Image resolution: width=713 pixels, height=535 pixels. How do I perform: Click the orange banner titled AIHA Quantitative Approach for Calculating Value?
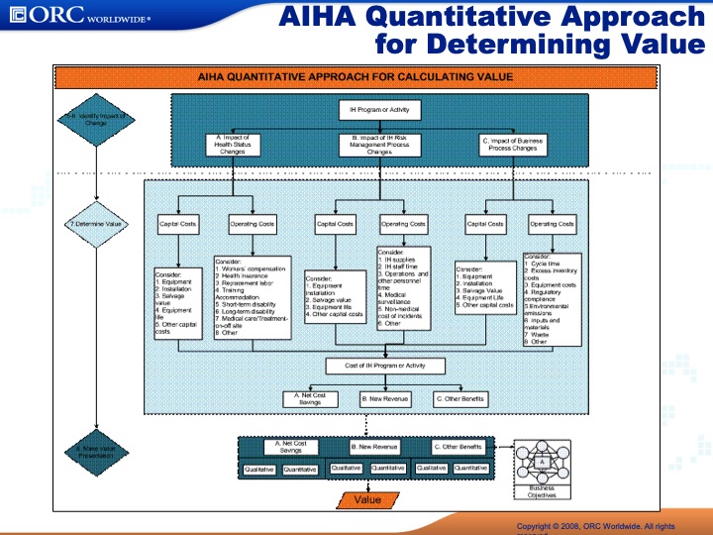click(356, 76)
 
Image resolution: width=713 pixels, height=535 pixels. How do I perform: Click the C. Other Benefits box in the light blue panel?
click(460, 398)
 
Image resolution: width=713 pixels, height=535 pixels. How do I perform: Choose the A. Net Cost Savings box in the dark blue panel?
click(290, 447)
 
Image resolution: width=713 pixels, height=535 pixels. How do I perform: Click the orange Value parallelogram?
click(366, 499)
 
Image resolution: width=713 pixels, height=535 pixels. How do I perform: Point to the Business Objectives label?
click(542, 491)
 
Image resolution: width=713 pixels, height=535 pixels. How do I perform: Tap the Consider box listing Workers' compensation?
click(252, 297)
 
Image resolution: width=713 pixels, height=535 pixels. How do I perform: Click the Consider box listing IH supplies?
click(404, 287)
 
